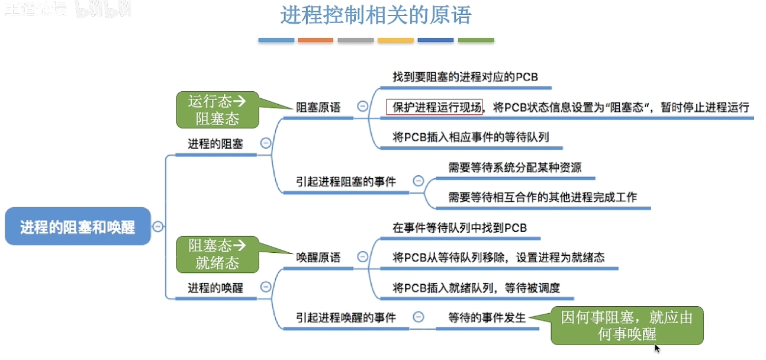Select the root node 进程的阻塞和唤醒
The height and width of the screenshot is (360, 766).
(78, 227)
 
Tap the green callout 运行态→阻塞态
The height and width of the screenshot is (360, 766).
(217, 110)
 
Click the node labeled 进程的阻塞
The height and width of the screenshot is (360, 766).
(215, 143)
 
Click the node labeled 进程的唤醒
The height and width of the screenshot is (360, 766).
(215, 288)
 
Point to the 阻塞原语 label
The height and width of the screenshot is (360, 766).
(318, 108)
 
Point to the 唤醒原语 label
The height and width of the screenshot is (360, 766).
(318, 258)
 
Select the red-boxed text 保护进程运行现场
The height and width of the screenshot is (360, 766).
(435, 107)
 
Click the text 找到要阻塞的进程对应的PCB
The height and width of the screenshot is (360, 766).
(465, 77)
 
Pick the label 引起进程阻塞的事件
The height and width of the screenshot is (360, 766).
(346, 181)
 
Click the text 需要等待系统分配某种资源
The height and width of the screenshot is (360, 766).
(514, 168)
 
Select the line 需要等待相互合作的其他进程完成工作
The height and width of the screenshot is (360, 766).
(542, 197)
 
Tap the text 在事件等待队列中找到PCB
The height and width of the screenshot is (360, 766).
(459, 228)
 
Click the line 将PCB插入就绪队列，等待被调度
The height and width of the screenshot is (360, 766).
(476, 288)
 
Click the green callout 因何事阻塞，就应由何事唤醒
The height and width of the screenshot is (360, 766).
(627, 325)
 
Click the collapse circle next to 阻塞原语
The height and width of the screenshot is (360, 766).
(362, 107)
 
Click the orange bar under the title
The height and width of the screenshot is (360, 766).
(316, 40)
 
